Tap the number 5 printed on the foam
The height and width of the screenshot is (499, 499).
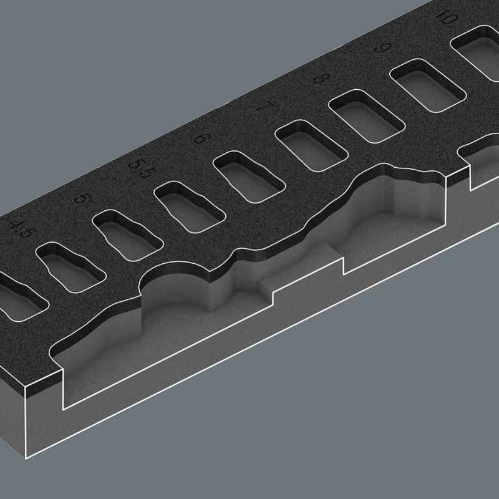pyautogui.click(x=81, y=199)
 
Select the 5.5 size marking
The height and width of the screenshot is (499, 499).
pyautogui.click(x=138, y=169)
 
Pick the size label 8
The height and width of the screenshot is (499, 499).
pyautogui.click(x=322, y=79)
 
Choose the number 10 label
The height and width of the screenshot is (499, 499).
pyautogui.click(x=445, y=17)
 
